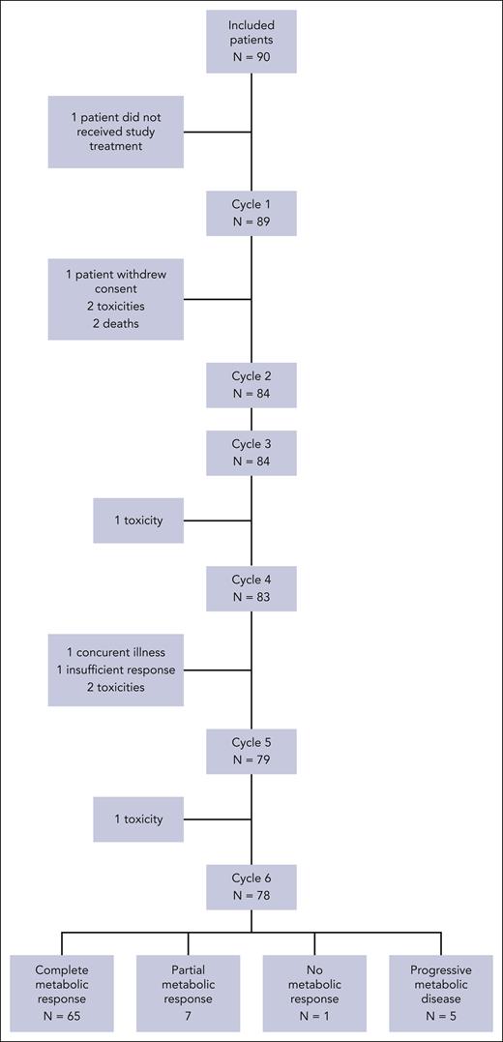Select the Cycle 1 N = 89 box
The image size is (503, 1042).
pos(251,214)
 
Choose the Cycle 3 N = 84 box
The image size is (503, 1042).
pos(251,452)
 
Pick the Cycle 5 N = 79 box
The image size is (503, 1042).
pos(251,750)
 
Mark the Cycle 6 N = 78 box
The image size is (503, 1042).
pos(251,887)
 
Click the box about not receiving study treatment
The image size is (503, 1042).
pos(116,133)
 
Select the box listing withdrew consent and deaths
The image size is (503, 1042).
pos(116,299)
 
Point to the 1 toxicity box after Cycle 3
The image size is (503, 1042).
pos(138,521)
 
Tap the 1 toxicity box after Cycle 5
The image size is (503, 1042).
pos(138,819)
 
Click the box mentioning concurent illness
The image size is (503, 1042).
pos(116,670)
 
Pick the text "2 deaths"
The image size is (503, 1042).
pos(116,323)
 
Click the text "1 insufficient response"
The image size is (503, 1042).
pos(116,670)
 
